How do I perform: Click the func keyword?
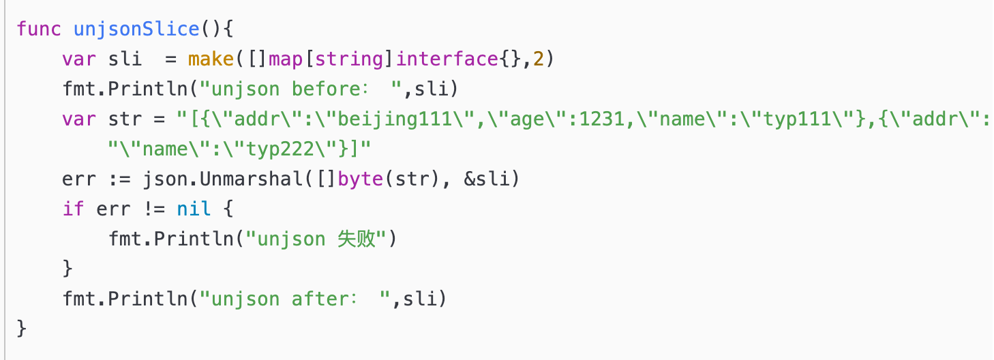point(39,29)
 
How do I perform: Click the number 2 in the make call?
point(539,59)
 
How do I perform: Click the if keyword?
point(74,209)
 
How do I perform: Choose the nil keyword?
point(194,209)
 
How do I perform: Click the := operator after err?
point(119,179)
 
